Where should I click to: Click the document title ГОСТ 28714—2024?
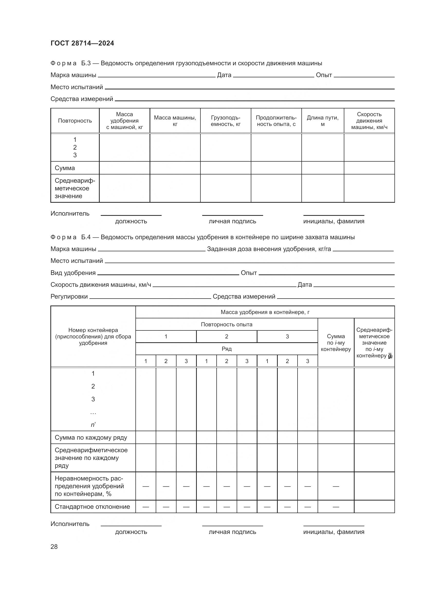point(82,43)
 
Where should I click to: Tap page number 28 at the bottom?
point(54,547)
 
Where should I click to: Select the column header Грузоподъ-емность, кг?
point(225,121)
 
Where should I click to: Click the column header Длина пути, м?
point(322,121)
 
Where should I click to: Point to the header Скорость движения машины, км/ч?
point(369,121)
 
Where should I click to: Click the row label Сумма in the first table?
point(65,168)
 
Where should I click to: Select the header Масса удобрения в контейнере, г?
point(265,312)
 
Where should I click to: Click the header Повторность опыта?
point(226,325)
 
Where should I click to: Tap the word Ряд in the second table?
point(226,349)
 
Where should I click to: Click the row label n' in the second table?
point(93,425)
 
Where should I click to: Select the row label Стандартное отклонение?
point(92,507)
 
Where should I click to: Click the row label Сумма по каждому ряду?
point(91,438)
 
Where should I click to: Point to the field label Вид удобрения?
point(73,273)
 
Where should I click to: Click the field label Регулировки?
point(69,297)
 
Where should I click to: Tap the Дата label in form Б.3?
point(224,75)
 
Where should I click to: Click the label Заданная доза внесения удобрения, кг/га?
point(269,249)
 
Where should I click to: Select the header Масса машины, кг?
point(175,121)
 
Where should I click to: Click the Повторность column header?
point(75,121)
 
